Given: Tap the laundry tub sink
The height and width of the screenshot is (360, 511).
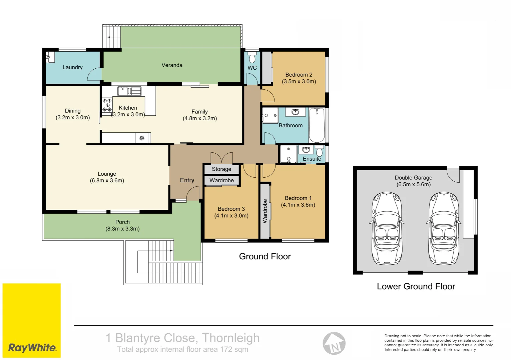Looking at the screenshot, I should [x=50, y=57].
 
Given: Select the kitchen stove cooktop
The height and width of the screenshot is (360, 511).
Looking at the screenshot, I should [x=107, y=105].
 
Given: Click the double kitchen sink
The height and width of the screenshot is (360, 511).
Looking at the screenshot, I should [x=129, y=91].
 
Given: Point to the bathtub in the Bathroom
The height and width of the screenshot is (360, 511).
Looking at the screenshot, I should [x=317, y=125].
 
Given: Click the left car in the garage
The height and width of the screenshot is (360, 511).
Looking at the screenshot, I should [x=387, y=228].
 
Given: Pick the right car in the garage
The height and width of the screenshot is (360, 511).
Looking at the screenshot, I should [x=444, y=228].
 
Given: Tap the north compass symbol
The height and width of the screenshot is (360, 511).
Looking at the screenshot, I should [x=334, y=344].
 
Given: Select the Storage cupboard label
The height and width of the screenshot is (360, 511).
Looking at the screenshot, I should [x=221, y=169].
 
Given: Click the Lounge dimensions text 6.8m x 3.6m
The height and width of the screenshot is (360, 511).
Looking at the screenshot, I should [x=107, y=181].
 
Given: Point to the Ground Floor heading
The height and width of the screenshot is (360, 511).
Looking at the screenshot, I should [x=265, y=256].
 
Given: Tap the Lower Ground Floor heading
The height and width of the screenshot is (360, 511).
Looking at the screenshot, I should [x=416, y=286].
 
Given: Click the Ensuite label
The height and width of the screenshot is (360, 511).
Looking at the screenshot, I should [x=312, y=159].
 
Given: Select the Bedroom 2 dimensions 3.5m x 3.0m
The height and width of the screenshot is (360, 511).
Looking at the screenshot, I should [x=299, y=81].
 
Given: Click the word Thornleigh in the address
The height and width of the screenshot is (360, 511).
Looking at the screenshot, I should [x=230, y=338].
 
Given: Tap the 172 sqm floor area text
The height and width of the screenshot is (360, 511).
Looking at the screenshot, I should [x=234, y=349].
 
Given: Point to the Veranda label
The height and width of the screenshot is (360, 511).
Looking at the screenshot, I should [x=172, y=65].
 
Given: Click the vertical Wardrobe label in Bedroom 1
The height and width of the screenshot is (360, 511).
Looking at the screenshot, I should [x=265, y=211].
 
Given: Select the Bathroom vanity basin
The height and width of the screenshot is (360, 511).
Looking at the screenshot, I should [x=296, y=112].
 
